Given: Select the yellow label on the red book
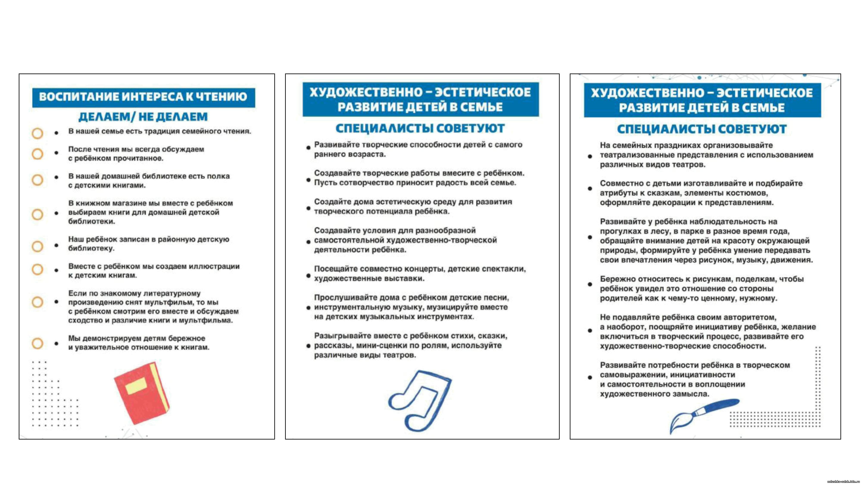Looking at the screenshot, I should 136,385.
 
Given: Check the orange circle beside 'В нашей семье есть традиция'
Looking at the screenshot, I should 37,133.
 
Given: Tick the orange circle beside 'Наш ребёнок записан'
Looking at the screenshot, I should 37,246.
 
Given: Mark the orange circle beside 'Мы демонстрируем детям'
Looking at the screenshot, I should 37,343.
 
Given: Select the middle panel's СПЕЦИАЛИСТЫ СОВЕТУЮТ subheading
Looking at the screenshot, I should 420,128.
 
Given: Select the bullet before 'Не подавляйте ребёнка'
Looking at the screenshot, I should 590,330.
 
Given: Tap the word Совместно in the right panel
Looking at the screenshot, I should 619,183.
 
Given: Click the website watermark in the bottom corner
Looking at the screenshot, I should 843,482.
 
